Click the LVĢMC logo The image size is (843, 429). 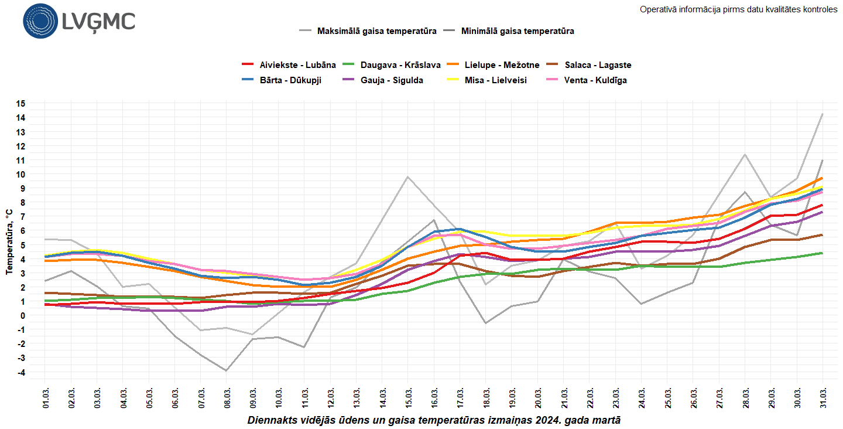coord(79,22)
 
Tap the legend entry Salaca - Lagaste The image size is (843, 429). coord(590,65)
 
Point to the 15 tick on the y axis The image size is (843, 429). coord(20,104)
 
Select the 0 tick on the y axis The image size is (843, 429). coord(22,316)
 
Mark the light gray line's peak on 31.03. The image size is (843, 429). coord(823,114)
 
